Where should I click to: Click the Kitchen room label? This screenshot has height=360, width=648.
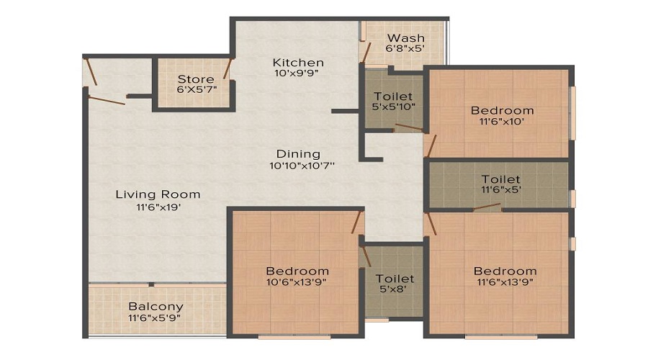tap(298, 63)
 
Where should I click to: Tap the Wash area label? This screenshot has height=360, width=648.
tap(406, 38)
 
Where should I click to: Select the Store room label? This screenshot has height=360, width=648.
tap(196, 79)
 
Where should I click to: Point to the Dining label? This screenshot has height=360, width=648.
tap(298, 154)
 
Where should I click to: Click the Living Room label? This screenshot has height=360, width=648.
tap(158, 194)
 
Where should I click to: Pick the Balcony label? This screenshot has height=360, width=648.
tap(156, 307)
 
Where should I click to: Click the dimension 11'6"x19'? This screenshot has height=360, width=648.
tap(158, 207)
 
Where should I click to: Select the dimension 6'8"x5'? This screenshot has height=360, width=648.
tap(405, 48)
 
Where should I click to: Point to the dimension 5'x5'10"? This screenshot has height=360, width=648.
tap(393, 107)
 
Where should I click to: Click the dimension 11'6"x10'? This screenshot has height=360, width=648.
tap(502, 122)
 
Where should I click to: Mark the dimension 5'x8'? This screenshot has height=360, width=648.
tap(395, 289)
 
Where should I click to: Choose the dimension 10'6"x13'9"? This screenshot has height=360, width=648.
tap(297, 282)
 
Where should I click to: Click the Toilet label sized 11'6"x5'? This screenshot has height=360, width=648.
tap(501, 179)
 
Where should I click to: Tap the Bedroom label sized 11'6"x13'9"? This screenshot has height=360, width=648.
tap(505, 271)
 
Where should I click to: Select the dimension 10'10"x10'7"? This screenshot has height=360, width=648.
tap(302, 166)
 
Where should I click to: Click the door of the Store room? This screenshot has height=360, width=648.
tap(228, 68)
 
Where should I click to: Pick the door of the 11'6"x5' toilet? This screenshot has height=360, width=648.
tap(487, 206)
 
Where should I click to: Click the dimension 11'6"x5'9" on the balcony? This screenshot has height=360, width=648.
tap(154, 318)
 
